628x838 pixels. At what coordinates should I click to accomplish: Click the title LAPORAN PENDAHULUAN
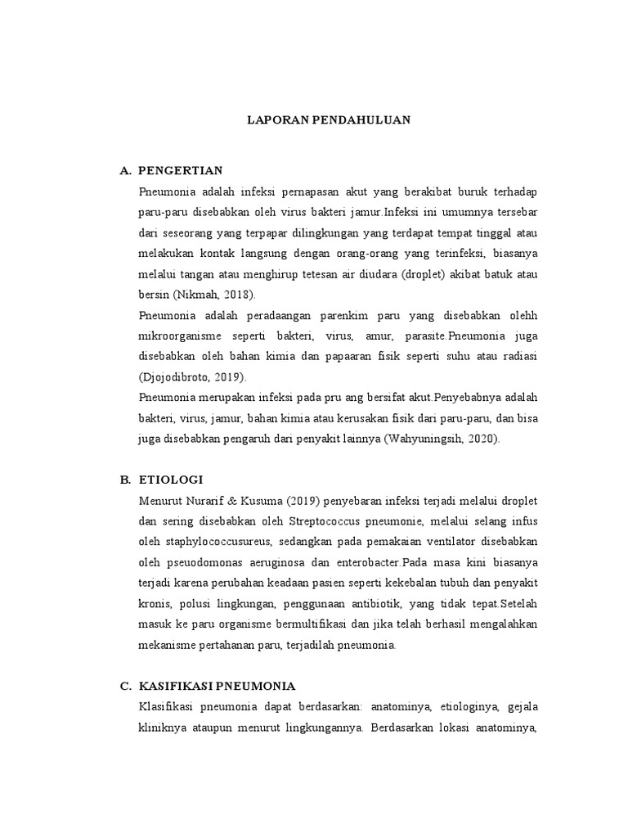(x=329, y=119)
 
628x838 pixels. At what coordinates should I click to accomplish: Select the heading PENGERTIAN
(x=181, y=170)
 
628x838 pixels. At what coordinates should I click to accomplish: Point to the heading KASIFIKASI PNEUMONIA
(x=217, y=685)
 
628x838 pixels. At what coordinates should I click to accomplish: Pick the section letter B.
(x=124, y=479)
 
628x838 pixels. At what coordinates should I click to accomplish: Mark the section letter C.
(x=124, y=685)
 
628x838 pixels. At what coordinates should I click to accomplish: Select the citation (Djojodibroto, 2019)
(x=192, y=376)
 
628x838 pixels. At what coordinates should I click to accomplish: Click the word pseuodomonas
(x=199, y=562)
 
